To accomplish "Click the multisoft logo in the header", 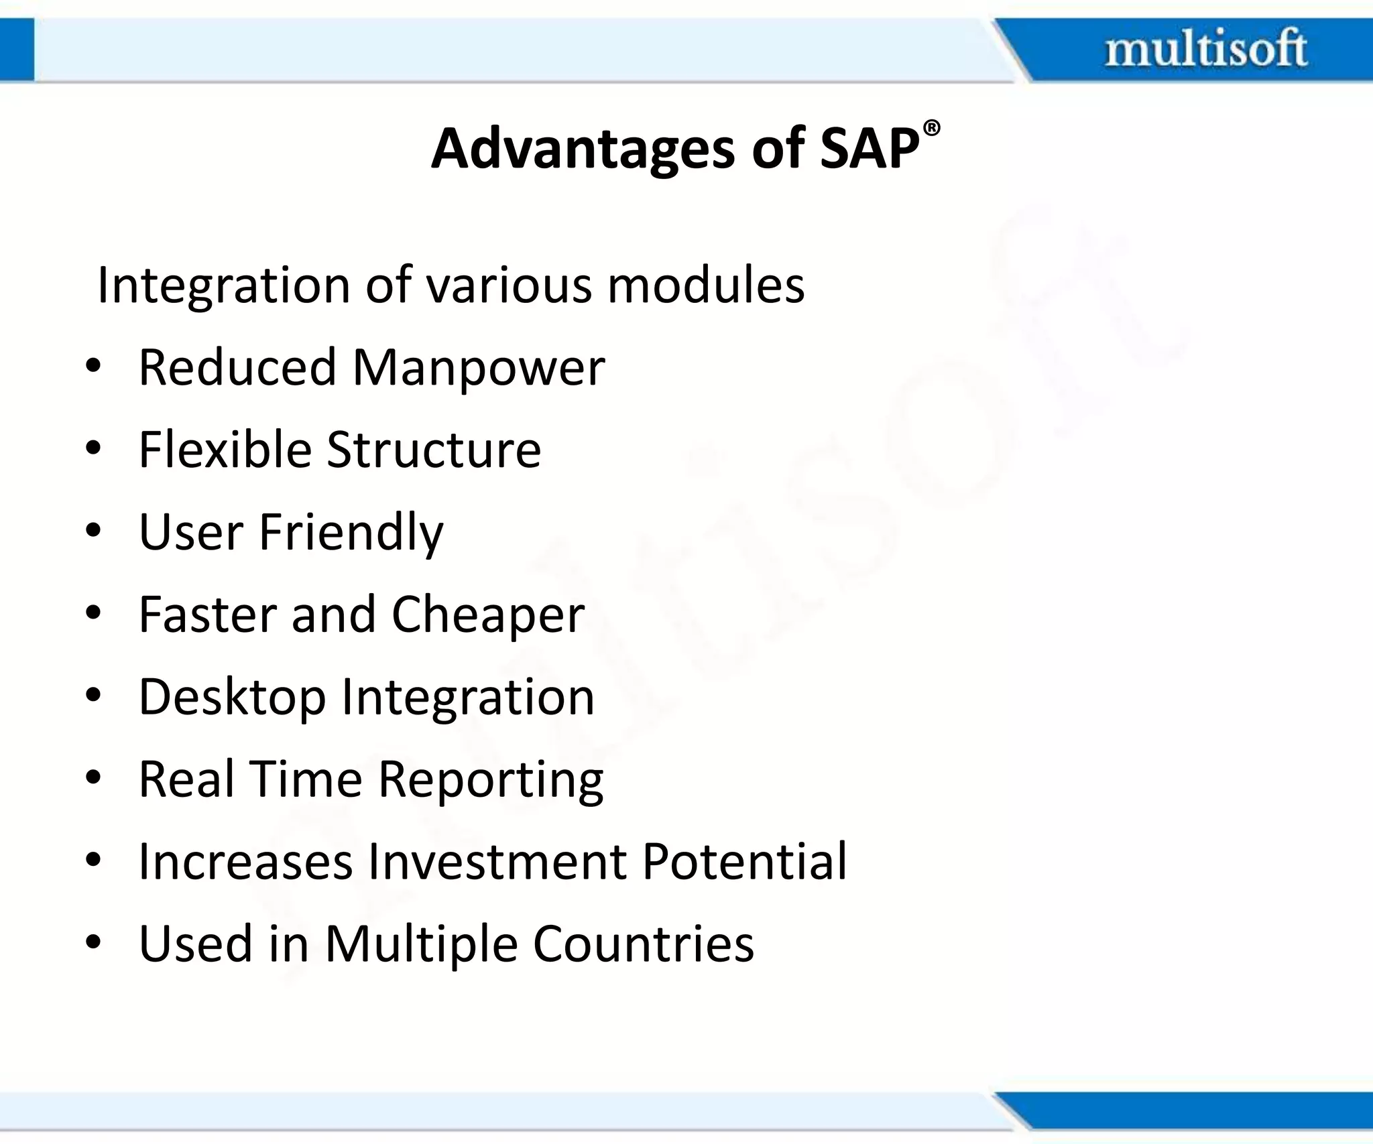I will [1205, 48].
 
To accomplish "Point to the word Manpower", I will [478, 368].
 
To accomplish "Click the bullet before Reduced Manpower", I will [93, 367].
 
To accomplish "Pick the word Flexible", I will [225, 449].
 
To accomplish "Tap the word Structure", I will [434, 449].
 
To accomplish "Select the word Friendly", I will [351, 532].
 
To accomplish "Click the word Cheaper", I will [487, 615].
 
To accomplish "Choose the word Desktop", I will [232, 698].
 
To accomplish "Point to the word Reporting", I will [491, 780].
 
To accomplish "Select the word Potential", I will [744, 861].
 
